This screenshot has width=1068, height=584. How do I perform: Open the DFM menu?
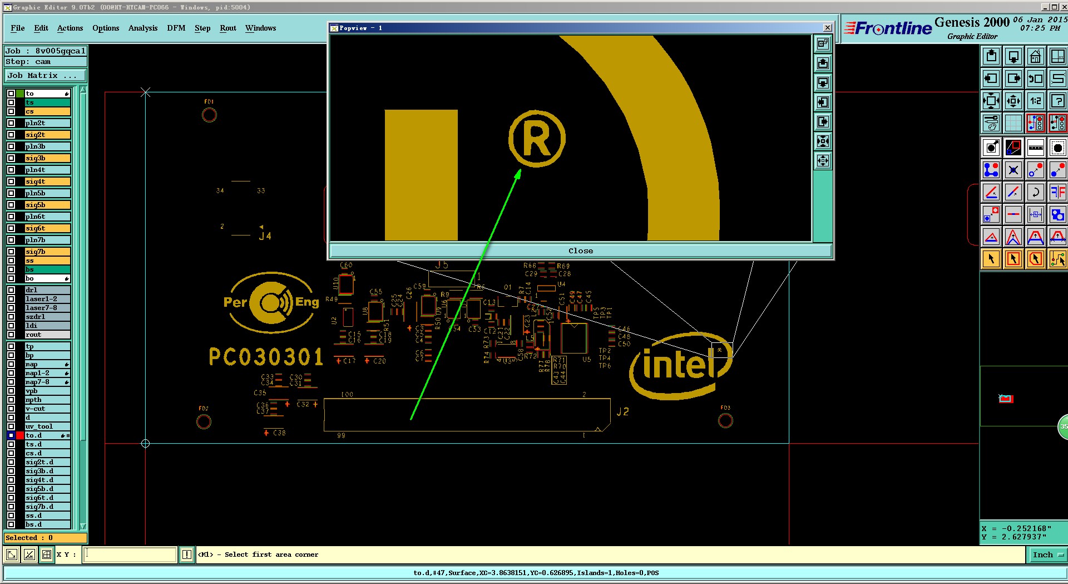(x=176, y=28)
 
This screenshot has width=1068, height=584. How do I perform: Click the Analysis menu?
(x=142, y=28)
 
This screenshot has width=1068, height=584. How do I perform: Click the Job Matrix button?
(x=45, y=76)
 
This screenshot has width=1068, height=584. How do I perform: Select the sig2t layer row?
(x=47, y=135)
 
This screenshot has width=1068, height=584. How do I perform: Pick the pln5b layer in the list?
(x=47, y=193)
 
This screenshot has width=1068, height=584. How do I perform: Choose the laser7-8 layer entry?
(x=47, y=308)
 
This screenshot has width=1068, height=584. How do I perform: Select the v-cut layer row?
(x=47, y=409)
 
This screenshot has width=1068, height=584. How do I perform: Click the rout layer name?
(x=47, y=335)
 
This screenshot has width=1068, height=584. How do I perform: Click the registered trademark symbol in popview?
(x=537, y=139)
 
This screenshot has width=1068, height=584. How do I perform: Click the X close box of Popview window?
(x=827, y=28)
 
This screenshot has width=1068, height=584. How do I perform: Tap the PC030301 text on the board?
(x=266, y=357)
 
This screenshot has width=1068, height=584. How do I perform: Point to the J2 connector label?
(x=622, y=412)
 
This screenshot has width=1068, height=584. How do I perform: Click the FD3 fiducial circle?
(x=725, y=421)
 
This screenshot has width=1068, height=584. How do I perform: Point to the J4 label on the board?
(x=265, y=236)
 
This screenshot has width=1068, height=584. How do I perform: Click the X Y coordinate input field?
(x=130, y=554)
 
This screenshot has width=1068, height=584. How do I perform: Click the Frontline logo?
(x=888, y=28)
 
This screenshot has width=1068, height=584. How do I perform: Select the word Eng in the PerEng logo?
(x=307, y=302)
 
